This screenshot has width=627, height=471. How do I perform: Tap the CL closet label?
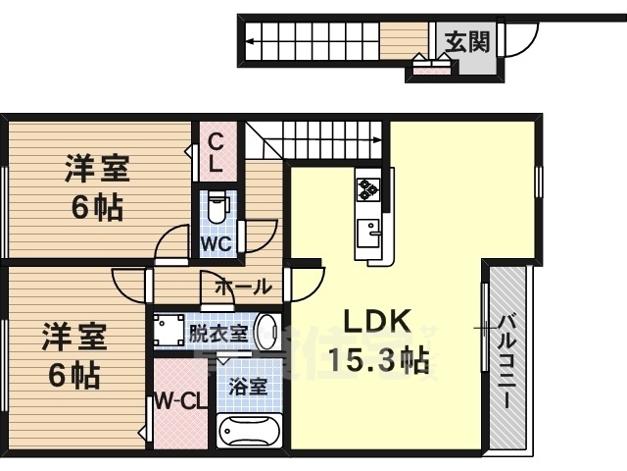click(217, 151)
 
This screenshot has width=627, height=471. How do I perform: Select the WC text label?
click(216, 242)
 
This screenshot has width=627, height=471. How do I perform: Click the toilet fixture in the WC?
click(217, 205)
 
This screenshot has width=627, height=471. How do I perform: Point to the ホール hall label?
click(242, 287)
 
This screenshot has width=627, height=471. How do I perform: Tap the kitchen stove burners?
click(368, 188)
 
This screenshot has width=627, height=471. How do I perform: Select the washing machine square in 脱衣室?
click(169, 329)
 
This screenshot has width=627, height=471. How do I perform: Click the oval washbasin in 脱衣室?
click(266, 331)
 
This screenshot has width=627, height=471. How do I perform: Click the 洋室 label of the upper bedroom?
click(98, 169)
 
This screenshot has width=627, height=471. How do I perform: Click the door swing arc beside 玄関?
click(521, 39)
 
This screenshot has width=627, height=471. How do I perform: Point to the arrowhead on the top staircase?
click(251, 41)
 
